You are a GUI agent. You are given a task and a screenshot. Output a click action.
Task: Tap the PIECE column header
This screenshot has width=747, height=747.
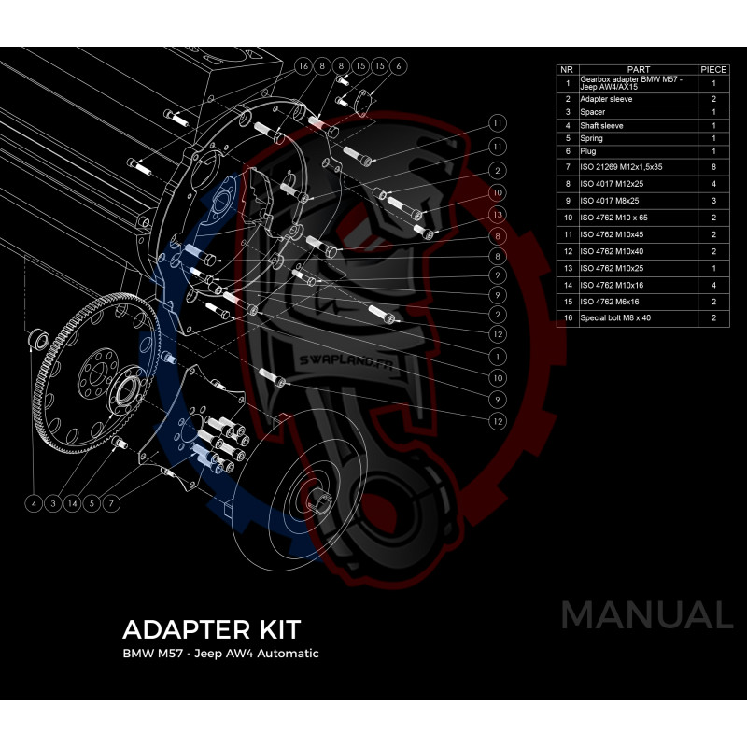pyautogui.click(x=712, y=69)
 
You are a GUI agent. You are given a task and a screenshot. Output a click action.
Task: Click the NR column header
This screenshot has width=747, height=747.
pyautogui.click(x=567, y=69)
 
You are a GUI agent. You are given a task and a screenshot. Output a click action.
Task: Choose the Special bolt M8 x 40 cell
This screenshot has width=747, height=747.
pyautogui.click(x=616, y=318)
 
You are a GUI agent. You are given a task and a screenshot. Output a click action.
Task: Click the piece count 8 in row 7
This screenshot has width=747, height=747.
pyautogui.click(x=712, y=165)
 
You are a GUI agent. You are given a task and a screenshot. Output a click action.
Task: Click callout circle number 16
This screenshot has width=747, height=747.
pyautogui.click(x=303, y=66)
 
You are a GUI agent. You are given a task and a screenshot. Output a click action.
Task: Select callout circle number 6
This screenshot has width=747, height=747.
pyautogui.click(x=399, y=66)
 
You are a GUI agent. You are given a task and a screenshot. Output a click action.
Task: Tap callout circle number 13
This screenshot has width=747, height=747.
pyautogui.click(x=499, y=215)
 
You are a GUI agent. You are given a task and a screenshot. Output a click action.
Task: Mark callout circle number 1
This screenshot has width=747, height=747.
pyautogui.click(x=499, y=355)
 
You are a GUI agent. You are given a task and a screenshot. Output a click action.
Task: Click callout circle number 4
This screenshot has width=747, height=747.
pyautogui.click(x=34, y=503)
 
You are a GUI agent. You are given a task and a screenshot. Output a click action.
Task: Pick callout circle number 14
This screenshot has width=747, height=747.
pyautogui.click(x=74, y=503)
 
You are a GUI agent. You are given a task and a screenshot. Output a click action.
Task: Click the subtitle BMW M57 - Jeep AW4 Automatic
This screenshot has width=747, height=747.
pyautogui.click(x=220, y=654)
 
